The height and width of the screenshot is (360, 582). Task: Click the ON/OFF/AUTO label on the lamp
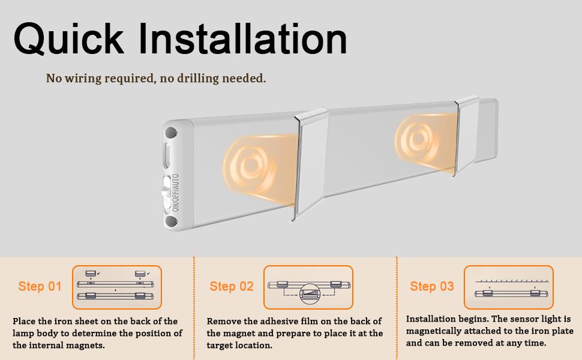(x=175, y=193)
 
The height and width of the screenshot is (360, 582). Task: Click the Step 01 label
(x=40, y=286)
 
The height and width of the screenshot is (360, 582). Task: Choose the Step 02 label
(x=231, y=287)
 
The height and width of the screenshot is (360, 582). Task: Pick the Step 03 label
(x=431, y=286)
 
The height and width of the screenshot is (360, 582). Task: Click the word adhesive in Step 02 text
(x=278, y=322)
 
